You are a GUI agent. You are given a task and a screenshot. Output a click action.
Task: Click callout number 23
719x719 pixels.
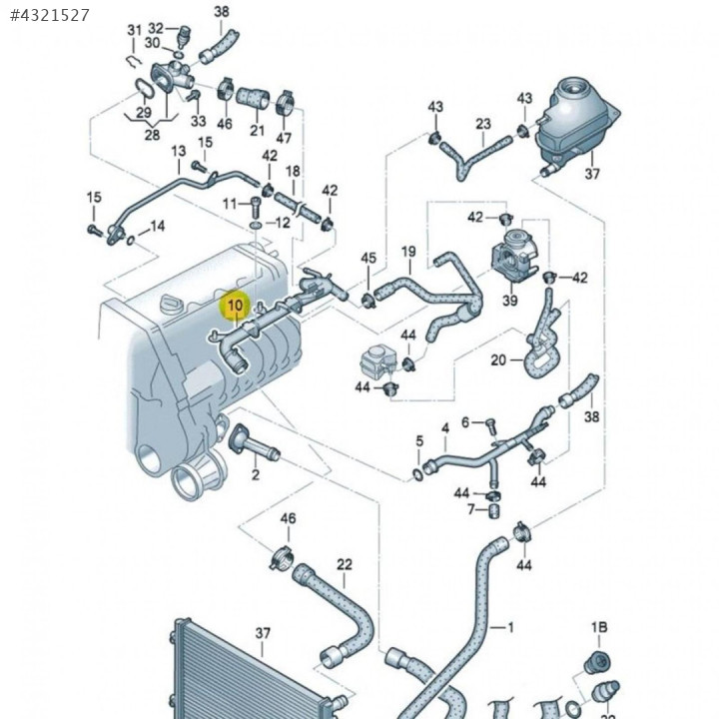click(483, 124)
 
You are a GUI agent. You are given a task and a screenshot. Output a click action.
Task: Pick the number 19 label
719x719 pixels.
click(407, 251)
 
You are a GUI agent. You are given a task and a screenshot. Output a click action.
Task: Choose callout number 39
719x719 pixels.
click(509, 301)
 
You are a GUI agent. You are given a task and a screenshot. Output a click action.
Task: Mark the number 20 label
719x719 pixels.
click(499, 359)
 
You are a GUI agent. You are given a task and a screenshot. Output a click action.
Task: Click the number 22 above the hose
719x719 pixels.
click(345, 564)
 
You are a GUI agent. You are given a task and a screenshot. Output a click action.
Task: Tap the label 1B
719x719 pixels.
click(598, 627)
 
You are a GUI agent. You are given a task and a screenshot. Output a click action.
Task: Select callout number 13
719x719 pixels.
click(179, 151)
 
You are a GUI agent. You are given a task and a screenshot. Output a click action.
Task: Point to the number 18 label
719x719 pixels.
click(293, 172)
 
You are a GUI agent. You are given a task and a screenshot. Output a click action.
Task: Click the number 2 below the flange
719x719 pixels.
click(255, 474)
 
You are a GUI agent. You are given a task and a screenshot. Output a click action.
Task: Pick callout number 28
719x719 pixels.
click(152, 134)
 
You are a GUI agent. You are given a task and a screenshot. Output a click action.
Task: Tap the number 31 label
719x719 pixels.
click(135, 30)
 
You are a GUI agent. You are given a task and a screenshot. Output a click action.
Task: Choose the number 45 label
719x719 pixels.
click(368, 259)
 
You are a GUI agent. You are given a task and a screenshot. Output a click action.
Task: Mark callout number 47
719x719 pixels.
click(285, 137)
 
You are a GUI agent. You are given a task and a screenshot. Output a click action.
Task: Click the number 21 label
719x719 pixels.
click(257, 131)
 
